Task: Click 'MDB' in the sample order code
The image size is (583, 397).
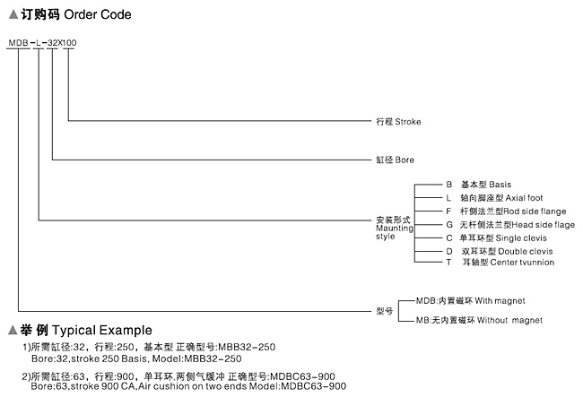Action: pos(18,43)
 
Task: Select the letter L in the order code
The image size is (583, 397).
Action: pos(39,43)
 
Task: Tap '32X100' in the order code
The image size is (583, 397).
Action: pos(62,43)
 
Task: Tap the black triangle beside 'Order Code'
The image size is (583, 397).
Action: pos(13,15)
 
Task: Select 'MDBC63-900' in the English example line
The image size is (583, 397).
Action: pos(313,386)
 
